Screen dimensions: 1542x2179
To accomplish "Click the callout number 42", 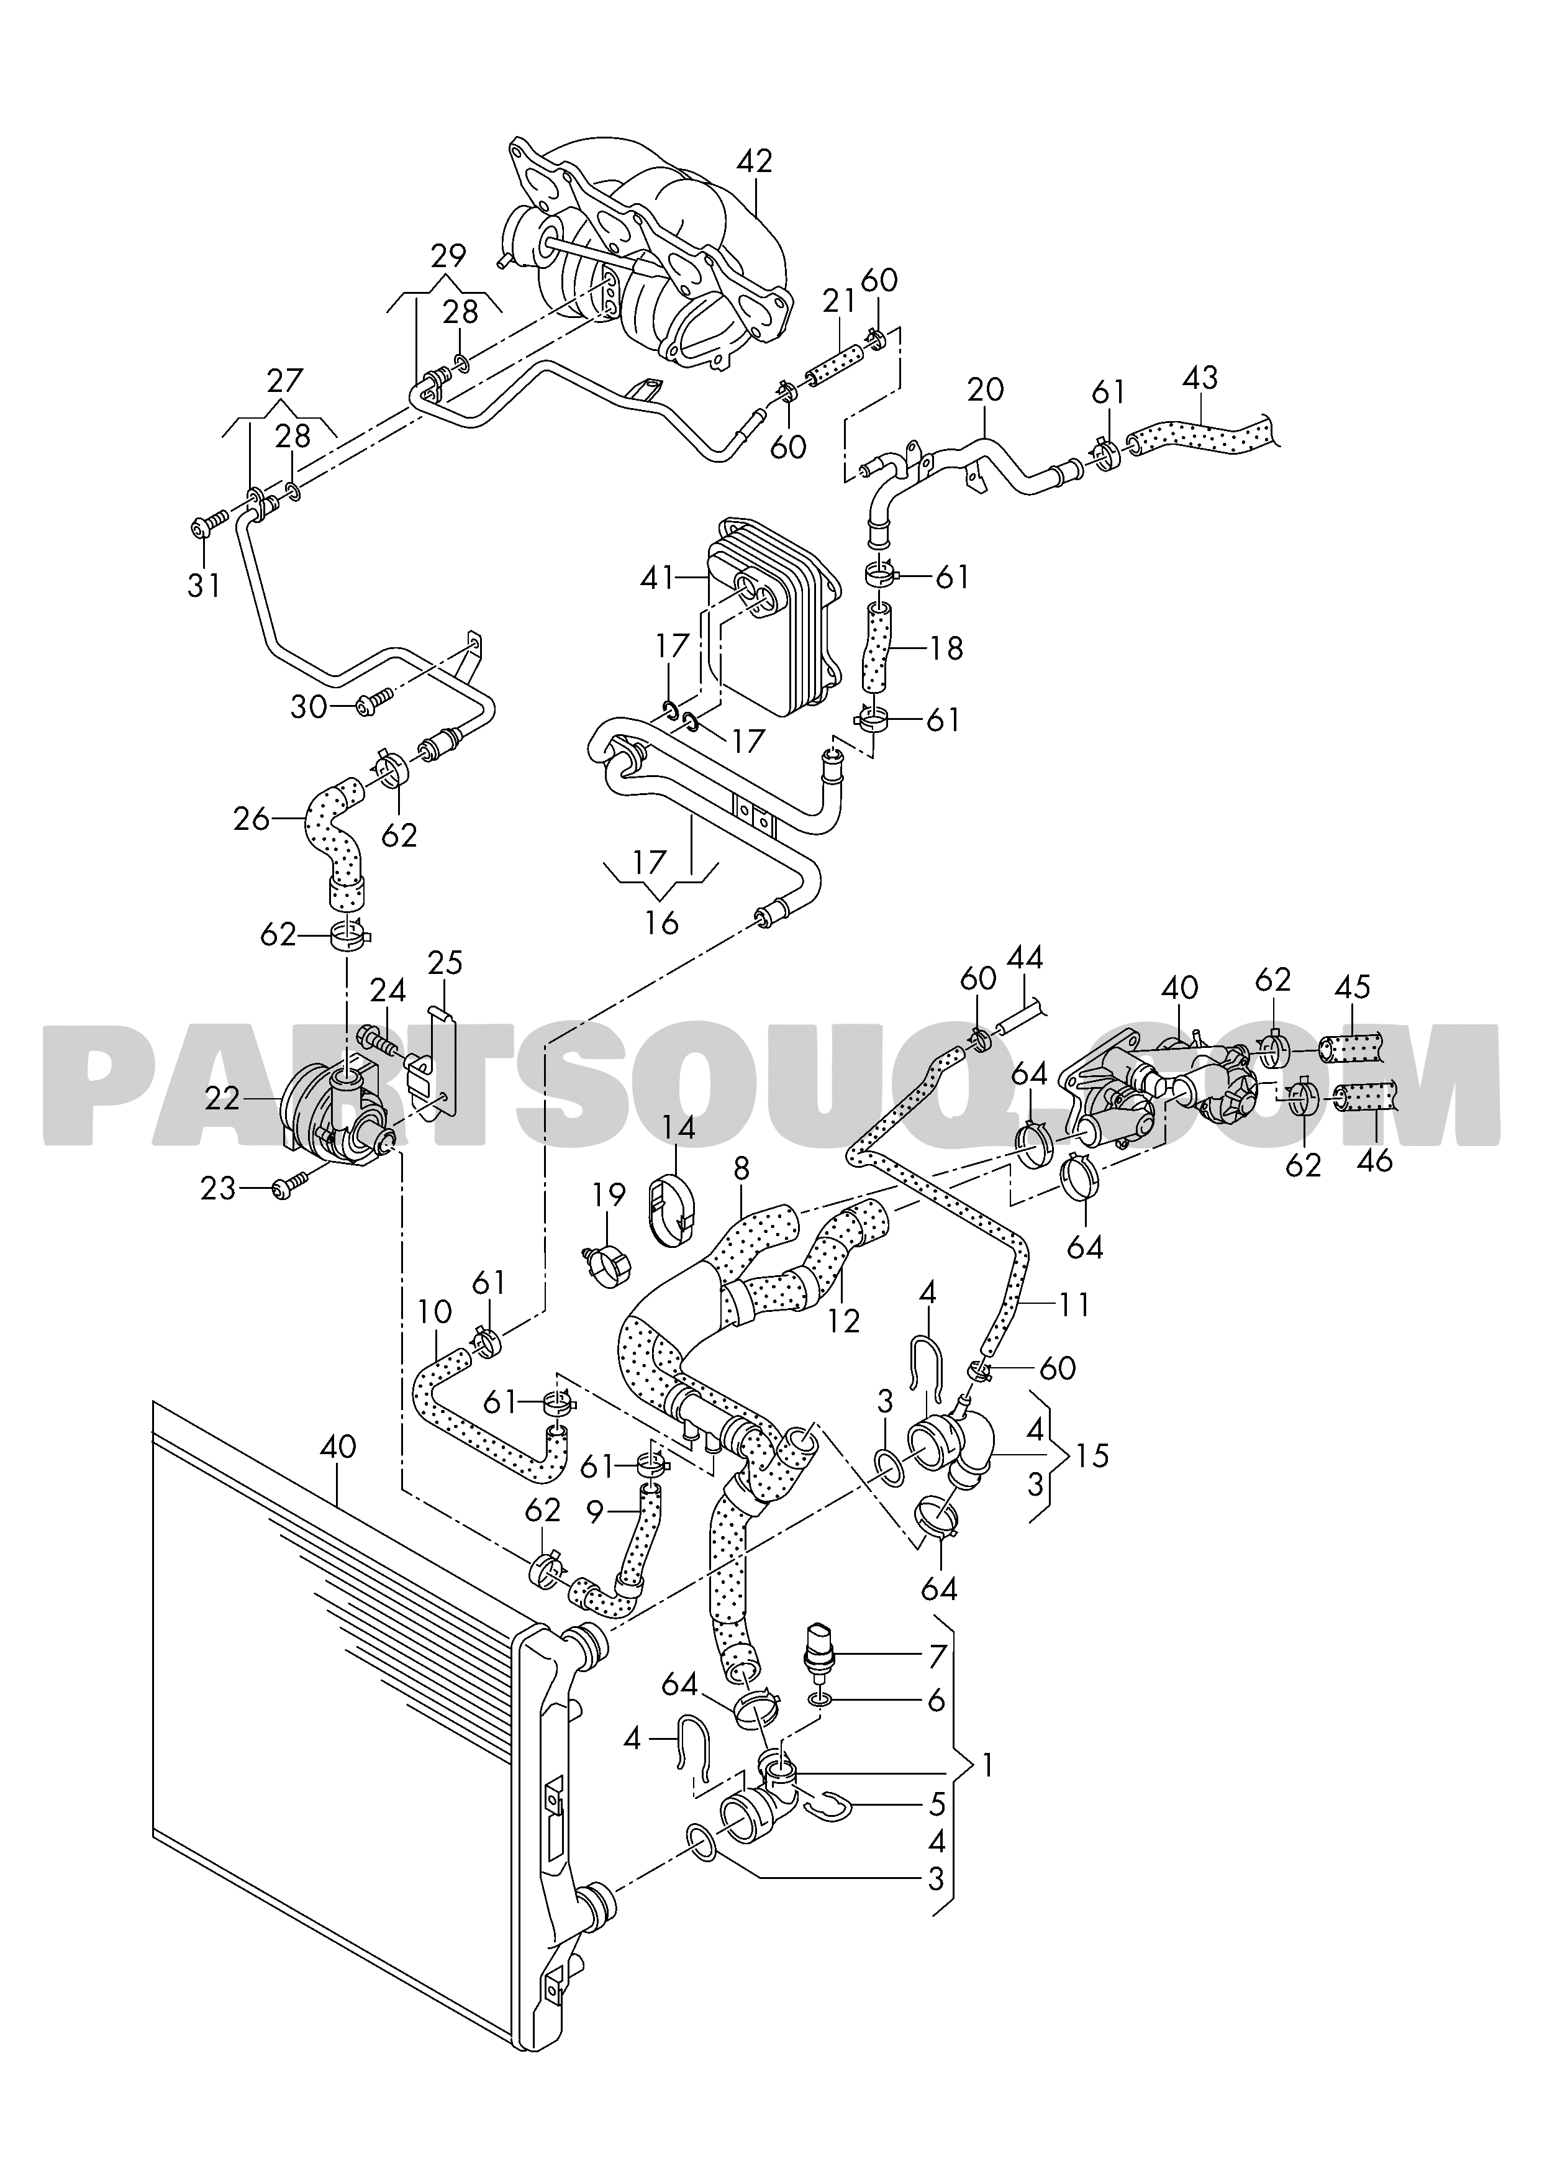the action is pos(755,161).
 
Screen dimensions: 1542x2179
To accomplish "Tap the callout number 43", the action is pos(1200,378).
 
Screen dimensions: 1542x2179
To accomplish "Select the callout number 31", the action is pos(203,585).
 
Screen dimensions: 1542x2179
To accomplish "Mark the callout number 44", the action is pos(1025,958).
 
